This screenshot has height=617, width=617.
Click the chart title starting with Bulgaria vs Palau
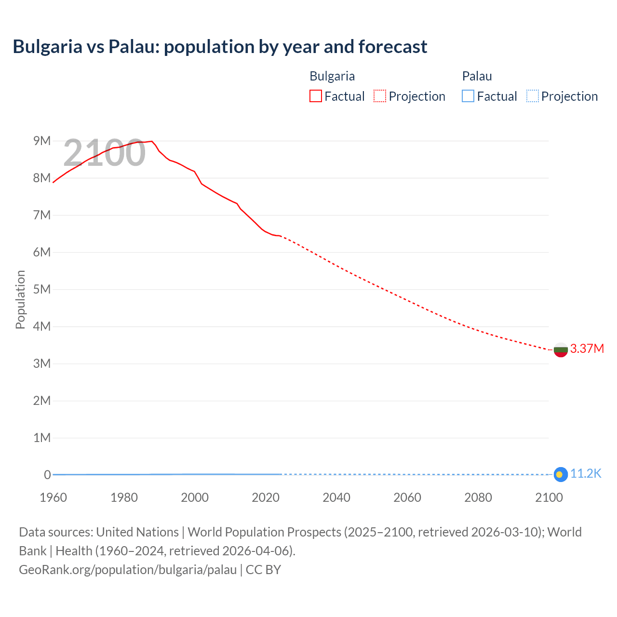[x=220, y=47]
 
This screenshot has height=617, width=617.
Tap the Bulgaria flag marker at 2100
[x=560, y=349]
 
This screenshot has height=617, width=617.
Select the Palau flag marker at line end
[x=560, y=474]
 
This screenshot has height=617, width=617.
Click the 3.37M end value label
[x=587, y=349]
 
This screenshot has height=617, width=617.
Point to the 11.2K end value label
[x=586, y=474]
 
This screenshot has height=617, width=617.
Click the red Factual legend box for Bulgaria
[x=315, y=96]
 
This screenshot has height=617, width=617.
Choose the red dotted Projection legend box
[x=380, y=96]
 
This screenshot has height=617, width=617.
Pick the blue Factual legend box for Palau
[x=468, y=96]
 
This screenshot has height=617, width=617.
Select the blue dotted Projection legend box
[x=532, y=96]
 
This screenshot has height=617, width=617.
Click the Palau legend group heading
[x=477, y=76]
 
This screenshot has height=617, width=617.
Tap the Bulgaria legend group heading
[x=332, y=76]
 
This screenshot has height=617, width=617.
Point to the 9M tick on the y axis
[x=42, y=141]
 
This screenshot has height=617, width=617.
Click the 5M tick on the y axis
[x=42, y=289]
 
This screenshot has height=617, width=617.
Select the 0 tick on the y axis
[x=47, y=475]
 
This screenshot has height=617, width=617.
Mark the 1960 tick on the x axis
[x=53, y=497]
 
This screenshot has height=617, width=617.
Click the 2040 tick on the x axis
[x=336, y=497]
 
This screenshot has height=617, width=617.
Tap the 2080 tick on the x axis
[x=478, y=497]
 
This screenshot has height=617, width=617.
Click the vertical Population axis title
[x=20, y=299]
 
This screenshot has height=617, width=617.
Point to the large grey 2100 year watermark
[x=104, y=153]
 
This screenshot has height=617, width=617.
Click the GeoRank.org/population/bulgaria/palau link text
[x=128, y=570]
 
